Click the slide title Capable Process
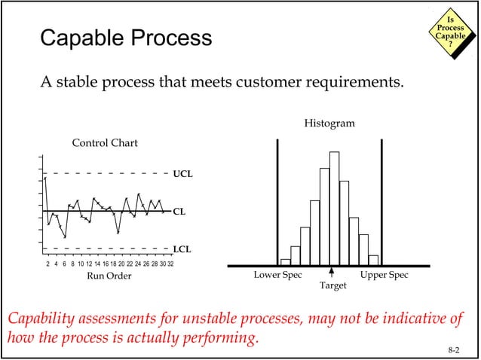125,38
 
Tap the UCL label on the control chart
182,174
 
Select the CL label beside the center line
179,212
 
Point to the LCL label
182,248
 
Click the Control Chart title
105,143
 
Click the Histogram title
329,123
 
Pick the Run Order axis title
109,276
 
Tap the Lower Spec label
277,276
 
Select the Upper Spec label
384,276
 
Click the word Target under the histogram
332,287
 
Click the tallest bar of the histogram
334,208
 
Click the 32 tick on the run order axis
170,264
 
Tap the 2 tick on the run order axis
47,264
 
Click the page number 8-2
453,349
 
